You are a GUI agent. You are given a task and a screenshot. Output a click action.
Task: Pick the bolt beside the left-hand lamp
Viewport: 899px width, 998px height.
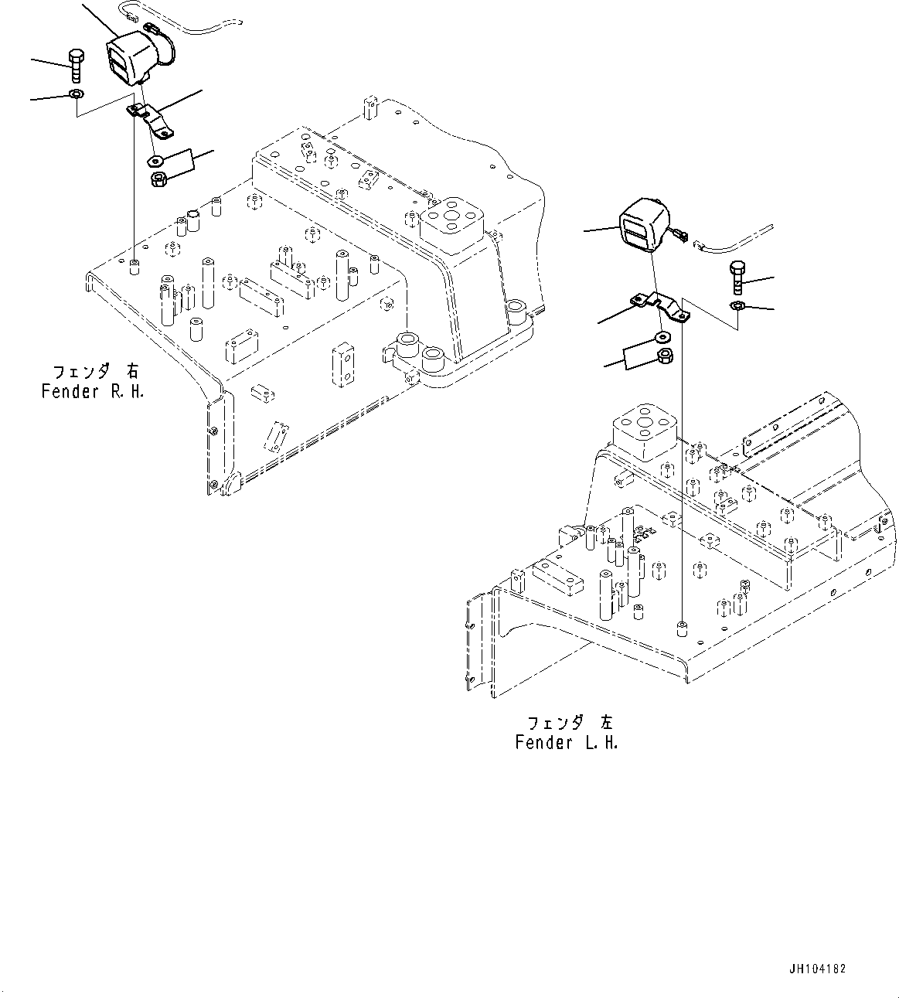click(736, 278)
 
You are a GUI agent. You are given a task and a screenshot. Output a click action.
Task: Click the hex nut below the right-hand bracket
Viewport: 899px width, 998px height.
click(158, 179)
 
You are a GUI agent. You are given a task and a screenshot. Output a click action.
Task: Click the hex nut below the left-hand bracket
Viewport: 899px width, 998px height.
click(664, 356)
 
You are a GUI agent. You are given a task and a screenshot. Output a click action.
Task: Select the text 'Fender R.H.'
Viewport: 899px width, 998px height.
click(93, 392)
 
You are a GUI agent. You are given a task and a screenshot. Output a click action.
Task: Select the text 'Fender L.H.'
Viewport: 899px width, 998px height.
click(567, 744)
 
